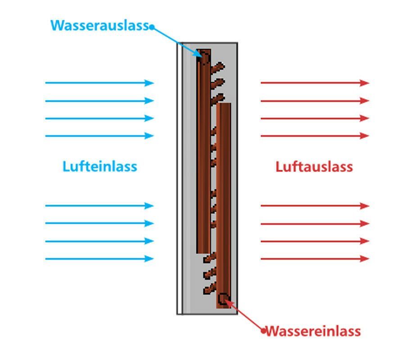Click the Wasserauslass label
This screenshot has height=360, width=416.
(99, 25)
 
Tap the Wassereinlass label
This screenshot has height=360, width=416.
(313, 332)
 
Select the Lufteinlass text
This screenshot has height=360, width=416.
(99, 166)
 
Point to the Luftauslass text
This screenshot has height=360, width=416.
(314, 167)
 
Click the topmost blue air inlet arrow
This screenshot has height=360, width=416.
(99, 83)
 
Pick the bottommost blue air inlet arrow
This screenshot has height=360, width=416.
(99, 259)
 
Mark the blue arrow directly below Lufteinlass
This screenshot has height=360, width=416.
(99, 206)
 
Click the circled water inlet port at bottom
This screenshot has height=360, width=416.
(222, 298)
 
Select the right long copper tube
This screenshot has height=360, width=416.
(224, 202)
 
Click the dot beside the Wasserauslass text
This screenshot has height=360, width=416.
(152, 27)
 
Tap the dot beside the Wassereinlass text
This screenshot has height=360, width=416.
(264, 331)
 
